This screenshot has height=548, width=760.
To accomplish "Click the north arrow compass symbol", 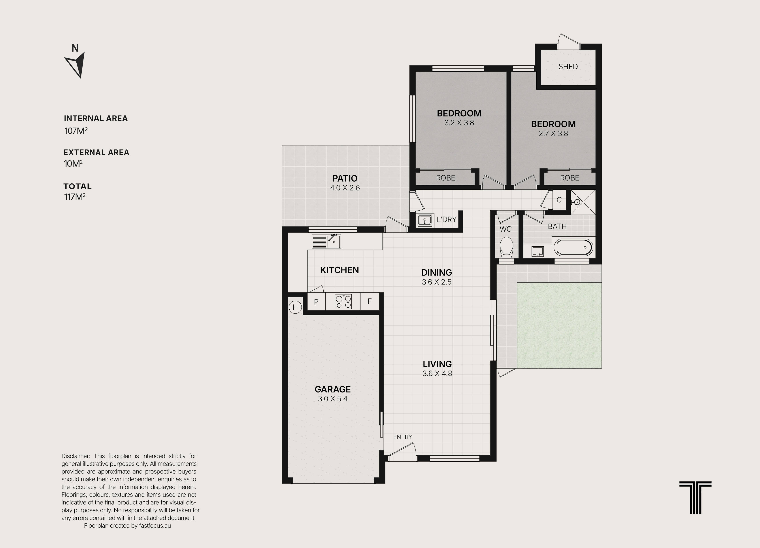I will click(x=76, y=64).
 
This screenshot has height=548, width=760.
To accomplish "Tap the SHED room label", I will click(x=568, y=67).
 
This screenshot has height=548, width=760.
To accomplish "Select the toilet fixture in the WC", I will click(x=506, y=247).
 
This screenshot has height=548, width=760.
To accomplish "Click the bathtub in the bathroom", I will click(x=573, y=247).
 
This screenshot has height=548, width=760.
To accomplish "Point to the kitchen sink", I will click(x=334, y=241).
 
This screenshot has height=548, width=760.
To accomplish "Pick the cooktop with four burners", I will click(x=343, y=301).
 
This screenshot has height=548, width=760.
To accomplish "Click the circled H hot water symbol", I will click(x=295, y=307).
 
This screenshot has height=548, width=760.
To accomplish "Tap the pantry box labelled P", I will click(x=316, y=301).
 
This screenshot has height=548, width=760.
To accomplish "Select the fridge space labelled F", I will click(x=370, y=301).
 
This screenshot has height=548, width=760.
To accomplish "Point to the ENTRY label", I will click(x=402, y=437).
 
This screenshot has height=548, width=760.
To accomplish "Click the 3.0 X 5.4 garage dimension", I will click(x=332, y=399).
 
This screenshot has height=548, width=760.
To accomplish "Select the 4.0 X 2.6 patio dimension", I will click(x=345, y=188).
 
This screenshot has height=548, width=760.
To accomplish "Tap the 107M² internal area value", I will click(x=76, y=130).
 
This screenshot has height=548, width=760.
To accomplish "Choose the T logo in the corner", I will click(x=695, y=497).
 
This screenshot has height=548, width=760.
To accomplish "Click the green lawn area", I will click(x=559, y=325).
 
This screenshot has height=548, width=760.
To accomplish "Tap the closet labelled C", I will click(x=559, y=200).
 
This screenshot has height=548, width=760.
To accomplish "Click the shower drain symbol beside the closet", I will click(x=577, y=202).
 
